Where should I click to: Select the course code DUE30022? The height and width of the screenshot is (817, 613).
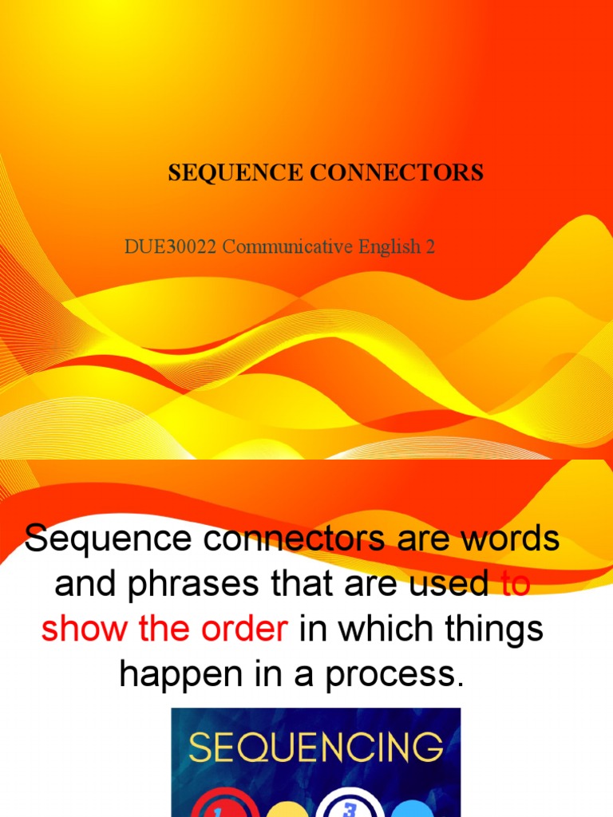[x=170, y=247]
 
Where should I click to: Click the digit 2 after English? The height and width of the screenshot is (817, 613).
[x=431, y=247]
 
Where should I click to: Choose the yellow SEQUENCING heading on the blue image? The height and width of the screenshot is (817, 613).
[x=316, y=748]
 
